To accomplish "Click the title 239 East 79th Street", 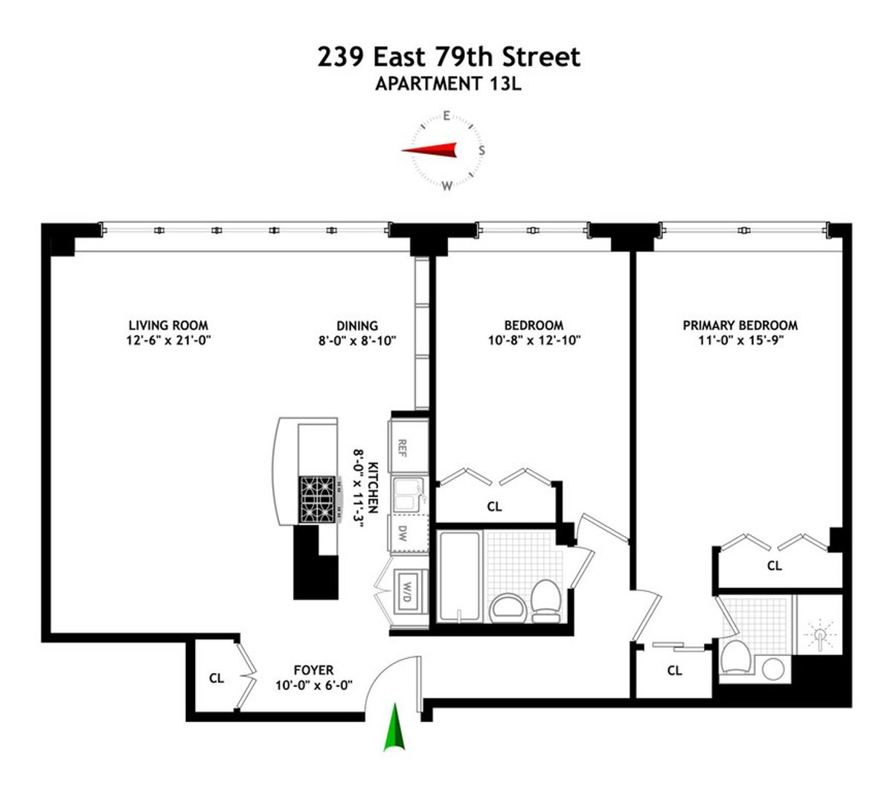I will coord(449,57).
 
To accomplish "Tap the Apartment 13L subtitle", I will coord(448,83).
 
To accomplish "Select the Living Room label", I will coord(168,325).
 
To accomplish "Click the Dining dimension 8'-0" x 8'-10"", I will coord(357,341).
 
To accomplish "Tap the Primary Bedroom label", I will coord(740,325).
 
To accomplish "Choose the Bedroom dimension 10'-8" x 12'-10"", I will coord(534,341).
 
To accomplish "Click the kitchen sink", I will coord(407,495).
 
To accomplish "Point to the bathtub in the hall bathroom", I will coord(459,576).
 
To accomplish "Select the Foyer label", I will coord(313,670).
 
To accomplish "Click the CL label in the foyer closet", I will coord(217,678).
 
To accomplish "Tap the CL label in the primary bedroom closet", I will coord(775,566).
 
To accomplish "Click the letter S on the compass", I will coord(481,150).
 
